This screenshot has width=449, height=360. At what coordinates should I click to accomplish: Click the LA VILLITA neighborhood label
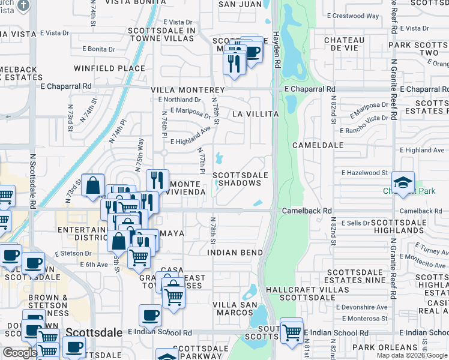tap(255, 113)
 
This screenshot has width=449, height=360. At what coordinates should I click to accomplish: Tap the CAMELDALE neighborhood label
tap(318, 145)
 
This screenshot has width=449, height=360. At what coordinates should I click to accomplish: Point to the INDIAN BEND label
tap(235, 253)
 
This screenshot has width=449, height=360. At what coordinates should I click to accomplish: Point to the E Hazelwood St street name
tap(364, 173)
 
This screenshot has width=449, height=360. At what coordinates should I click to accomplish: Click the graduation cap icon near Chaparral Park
tap(403, 182)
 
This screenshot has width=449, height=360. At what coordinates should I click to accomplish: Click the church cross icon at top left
tap(23, 6)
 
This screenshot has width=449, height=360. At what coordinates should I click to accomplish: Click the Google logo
tap(19, 353)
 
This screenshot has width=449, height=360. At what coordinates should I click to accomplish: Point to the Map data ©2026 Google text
tap(411, 355)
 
